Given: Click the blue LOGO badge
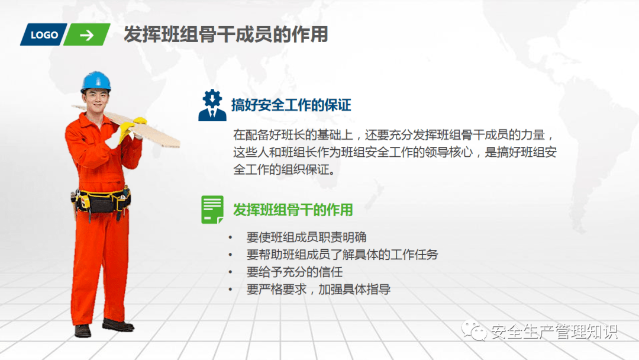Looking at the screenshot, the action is point(44,35).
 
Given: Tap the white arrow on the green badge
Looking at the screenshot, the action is point(87,36).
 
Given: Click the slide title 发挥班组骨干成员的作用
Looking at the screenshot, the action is point(226,34).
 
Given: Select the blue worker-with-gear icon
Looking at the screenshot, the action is point(212,105).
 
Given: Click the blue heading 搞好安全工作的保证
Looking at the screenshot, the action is point(291,105).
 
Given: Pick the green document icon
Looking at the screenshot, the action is point(212,210).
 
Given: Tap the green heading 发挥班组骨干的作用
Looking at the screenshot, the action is point(293,210).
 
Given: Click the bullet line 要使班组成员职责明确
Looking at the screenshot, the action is point(306,237).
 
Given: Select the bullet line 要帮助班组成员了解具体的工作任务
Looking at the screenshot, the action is point(342,255).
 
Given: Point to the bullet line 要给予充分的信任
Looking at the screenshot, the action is point(294,272).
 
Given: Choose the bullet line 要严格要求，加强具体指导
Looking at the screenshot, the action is point(318,290).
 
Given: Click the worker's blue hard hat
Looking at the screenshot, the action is point(96,81).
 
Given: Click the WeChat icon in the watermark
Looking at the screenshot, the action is point(473,330).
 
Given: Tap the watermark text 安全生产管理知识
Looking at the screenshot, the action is point(554,332).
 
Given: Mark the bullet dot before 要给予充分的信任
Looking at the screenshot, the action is point(230,272).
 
